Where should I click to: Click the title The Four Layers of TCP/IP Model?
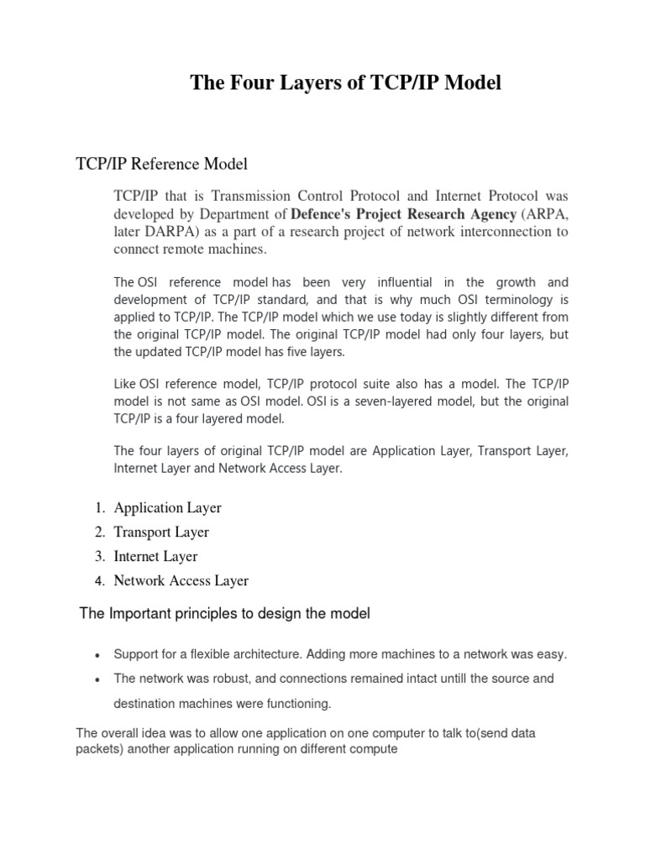point(345,82)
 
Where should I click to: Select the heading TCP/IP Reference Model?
point(162,163)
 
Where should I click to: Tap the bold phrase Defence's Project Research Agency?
point(403,213)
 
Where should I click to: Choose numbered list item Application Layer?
point(167,507)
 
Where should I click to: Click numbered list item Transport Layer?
point(161,532)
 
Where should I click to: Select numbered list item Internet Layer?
point(155,556)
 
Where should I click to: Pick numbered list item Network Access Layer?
point(181,580)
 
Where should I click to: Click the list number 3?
point(98,556)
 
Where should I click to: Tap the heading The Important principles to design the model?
point(224,614)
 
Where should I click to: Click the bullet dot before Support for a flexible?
point(98,655)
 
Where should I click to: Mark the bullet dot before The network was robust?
point(98,679)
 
